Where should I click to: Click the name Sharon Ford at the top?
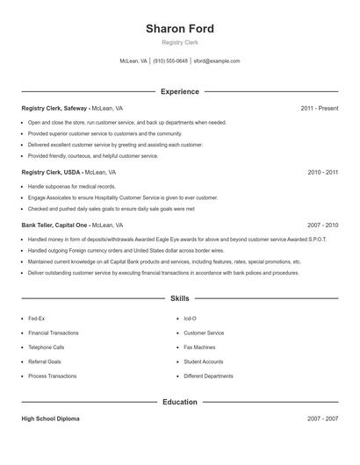[179, 29]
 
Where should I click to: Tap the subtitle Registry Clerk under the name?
[179, 43]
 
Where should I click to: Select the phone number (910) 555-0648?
[170, 61]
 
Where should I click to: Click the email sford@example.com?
[216, 61]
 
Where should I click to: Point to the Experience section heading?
[179, 91]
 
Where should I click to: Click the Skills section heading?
[179, 298]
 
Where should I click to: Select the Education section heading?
[179, 402]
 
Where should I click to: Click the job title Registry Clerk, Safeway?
[54, 108]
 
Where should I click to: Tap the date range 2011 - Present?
[320, 108]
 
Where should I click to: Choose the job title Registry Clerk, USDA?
[52, 173]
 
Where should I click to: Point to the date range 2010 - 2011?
[322, 173]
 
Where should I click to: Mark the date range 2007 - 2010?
[322, 225]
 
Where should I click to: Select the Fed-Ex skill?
[36, 318]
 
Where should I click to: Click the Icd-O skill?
[190, 318]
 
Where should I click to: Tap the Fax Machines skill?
[200, 347]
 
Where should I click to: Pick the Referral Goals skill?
[45, 361]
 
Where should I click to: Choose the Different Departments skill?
[208, 376]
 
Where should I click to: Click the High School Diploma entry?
[50, 418]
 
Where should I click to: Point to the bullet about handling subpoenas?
[71, 187]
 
